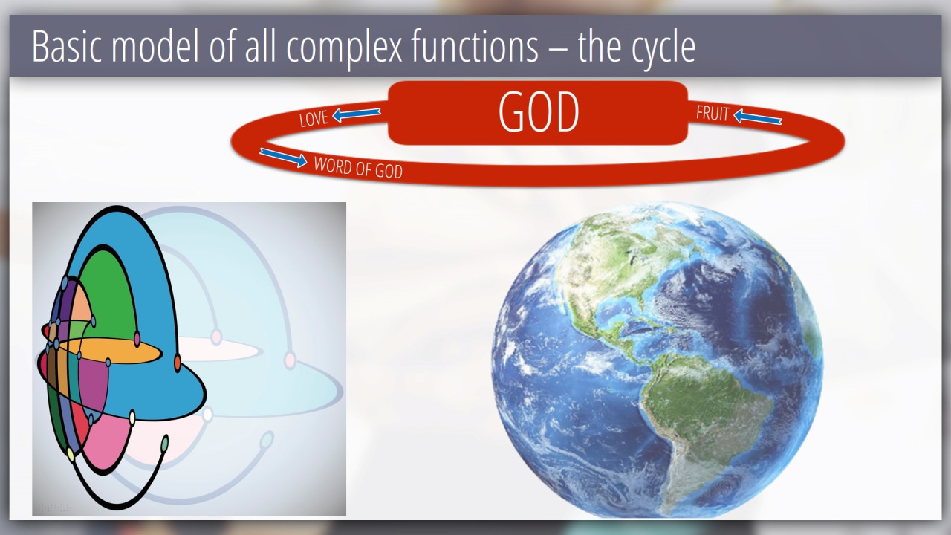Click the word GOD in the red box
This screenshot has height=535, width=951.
point(539,111)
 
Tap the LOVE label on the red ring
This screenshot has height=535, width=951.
point(314,119)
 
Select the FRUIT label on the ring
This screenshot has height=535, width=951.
point(713,114)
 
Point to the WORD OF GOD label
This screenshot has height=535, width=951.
point(358,168)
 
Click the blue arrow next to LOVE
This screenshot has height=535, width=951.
point(357,114)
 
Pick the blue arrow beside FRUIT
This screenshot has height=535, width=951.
point(758,117)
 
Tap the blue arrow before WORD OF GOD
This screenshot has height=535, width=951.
point(283,157)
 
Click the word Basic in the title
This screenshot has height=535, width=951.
point(67,46)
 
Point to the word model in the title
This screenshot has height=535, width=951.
point(155,46)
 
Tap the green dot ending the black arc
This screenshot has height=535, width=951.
point(165,444)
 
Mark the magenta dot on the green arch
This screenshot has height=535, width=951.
point(137,338)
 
